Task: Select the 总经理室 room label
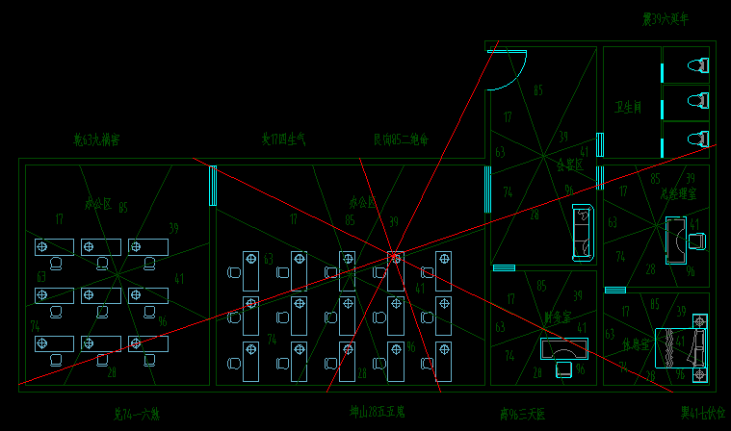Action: [x=678, y=193]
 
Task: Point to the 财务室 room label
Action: [x=558, y=316]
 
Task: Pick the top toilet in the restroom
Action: [x=696, y=65]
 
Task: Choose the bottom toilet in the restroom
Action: [x=696, y=139]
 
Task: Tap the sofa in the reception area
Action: [x=582, y=232]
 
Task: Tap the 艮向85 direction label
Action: [x=401, y=139]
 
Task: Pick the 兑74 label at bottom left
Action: [x=136, y=414]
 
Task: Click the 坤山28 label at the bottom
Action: [x=377, y=412]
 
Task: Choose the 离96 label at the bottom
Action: [x=522, y=414]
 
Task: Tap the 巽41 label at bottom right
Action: [x=702, y=413]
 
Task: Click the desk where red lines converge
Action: [x=396, y=270]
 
